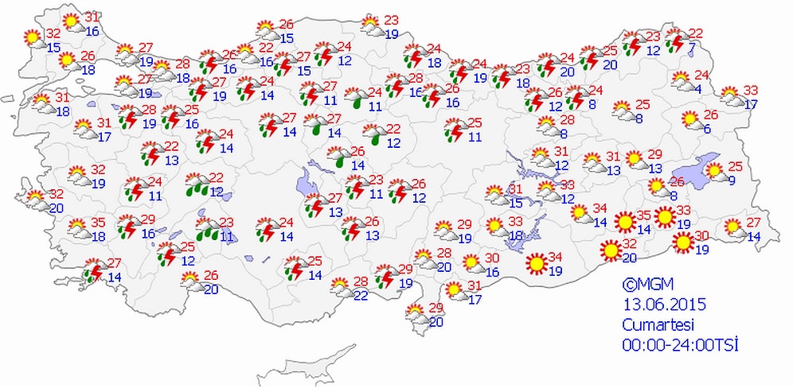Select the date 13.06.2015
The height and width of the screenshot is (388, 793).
coord(664,305)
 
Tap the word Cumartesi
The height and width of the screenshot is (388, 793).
coord(660,324)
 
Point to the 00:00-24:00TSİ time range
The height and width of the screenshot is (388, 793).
coord(682,344)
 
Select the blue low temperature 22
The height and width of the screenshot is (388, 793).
coord(361,296)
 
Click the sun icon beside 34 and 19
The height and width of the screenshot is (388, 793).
coord(536,262)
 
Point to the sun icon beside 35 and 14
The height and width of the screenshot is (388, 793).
coord(625,220)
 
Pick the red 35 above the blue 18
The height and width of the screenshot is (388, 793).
coord(99,223)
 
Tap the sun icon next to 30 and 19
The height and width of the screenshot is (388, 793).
coord(682,242)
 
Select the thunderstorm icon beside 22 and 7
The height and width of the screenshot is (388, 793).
coord(675,40)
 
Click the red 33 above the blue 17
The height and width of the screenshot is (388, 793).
coord(751,90)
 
